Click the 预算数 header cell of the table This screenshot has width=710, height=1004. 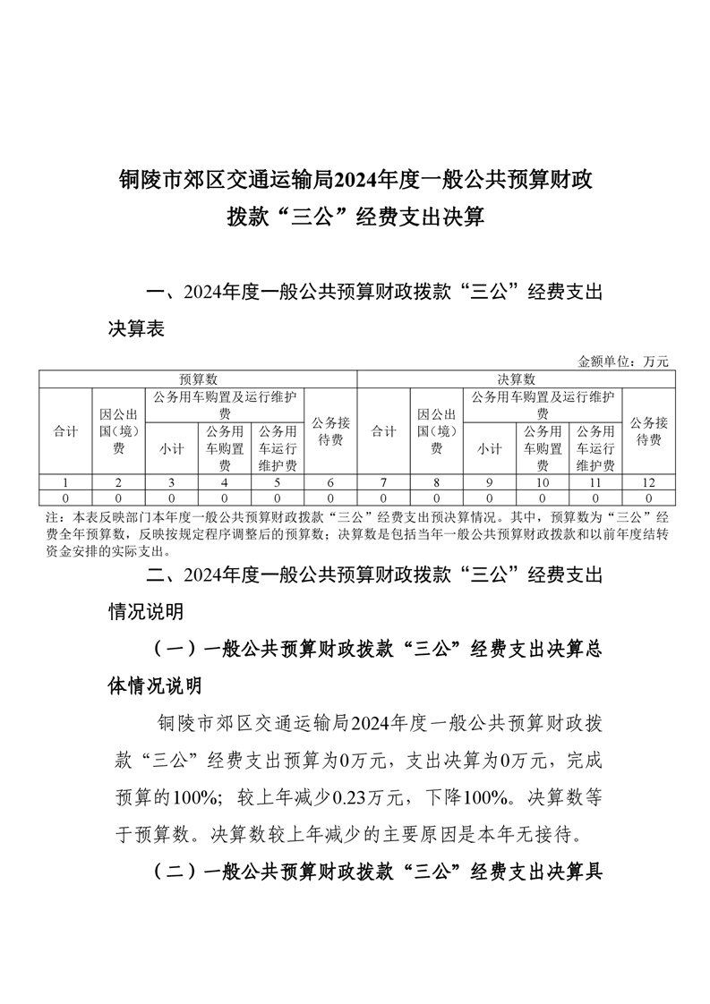(197, 379)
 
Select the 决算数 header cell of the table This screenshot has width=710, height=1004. (516, 379)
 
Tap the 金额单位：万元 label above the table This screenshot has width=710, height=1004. (623, 362)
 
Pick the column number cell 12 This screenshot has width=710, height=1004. (648, 482)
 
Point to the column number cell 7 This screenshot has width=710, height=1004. (383, 482)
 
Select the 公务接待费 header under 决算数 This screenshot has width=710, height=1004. (648, 431)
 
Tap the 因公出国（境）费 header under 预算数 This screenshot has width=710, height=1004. (117, 431)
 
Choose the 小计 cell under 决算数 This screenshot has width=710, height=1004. (489, 448)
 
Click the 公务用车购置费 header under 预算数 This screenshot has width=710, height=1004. (224, 448)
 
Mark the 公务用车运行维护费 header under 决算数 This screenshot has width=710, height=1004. (595, 448)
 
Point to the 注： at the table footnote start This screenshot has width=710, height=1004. (51, 518)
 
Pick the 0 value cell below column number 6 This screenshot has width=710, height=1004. (330, 497)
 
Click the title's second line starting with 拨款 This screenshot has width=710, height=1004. (355, 217)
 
